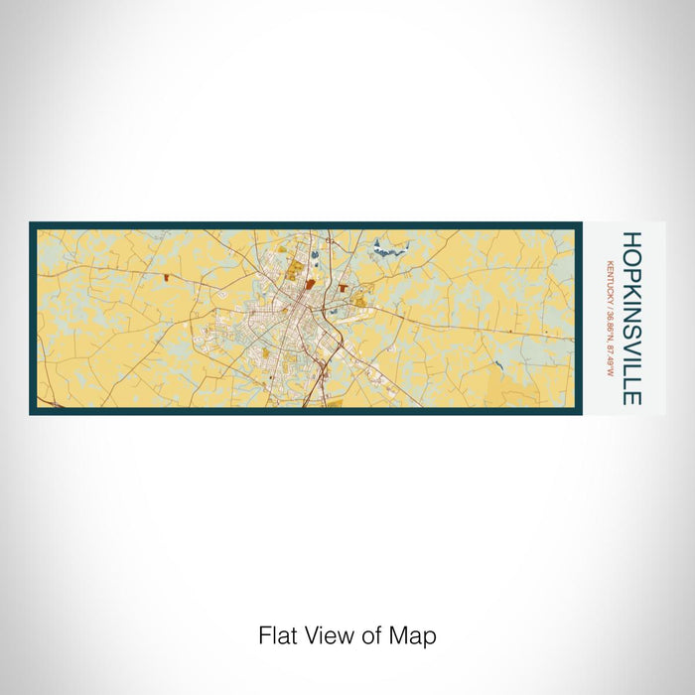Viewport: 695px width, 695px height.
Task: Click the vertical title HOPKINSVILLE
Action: pyautogui.click(x=631, y=318)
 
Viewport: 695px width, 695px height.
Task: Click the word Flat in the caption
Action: pyautogui.click(x=277, y=635)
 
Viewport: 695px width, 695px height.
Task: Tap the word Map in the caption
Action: pyautogui.click(x=414, y=635)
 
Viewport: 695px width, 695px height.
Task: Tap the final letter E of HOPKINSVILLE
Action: pyautogui.click(x=631, y=397)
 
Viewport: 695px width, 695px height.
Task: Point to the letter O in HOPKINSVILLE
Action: pyautogui.click(x=631, y=255)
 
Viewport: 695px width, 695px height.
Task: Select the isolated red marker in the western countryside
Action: pyautogui.click(x=165, y=278)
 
